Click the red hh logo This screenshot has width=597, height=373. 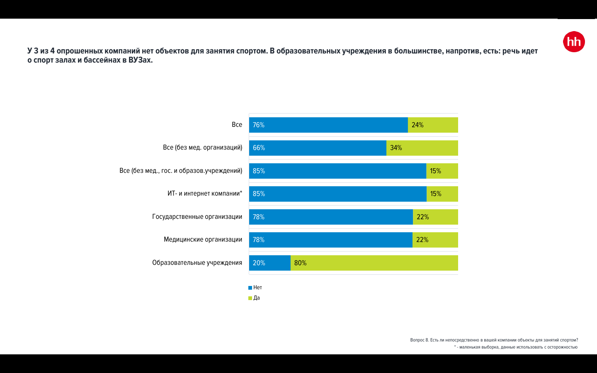pos(574,42)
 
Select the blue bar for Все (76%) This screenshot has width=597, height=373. pos(328,125)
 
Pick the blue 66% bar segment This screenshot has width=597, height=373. pos(318,148)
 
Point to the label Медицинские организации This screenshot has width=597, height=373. pos(203,240)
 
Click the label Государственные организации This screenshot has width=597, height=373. pos(197,217)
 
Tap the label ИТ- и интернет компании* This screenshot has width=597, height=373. pos(205,194)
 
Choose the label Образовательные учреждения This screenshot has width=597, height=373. pos(197,263)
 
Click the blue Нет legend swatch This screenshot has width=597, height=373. pos(250,288)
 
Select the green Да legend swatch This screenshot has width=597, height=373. pos(250,298)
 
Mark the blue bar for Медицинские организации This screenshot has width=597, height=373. pos(331,240)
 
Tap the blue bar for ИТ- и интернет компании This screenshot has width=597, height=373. pos(338,194)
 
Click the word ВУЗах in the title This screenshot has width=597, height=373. pos(140,60)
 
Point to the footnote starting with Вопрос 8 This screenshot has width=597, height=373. pos(494,340)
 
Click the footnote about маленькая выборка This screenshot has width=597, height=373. pos(516,347)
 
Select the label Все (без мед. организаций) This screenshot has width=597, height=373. pos(202,148)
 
